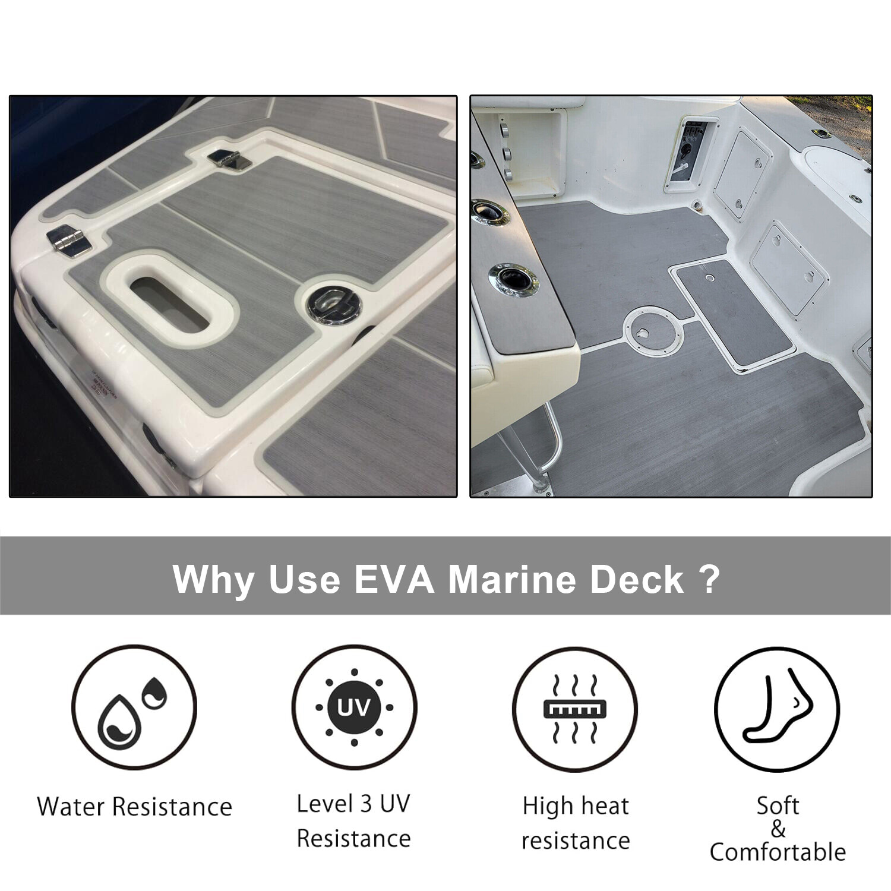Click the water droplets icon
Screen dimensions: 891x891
point(134,707)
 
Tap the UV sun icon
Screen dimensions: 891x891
point(354,707)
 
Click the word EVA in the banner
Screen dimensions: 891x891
point(394,579)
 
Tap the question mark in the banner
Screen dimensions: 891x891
point(710,579)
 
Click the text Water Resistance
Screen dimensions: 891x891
point(134,807)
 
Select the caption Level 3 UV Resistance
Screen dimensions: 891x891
point(354,821)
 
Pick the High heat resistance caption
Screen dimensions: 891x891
point(576,823)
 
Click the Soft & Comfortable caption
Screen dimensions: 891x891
point(778,829)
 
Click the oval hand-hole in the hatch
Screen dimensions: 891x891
point(170,305)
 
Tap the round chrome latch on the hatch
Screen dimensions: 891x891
point(334,305)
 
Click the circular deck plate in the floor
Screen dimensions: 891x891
point(653,332)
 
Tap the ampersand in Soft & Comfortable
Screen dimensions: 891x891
point(778,829)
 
